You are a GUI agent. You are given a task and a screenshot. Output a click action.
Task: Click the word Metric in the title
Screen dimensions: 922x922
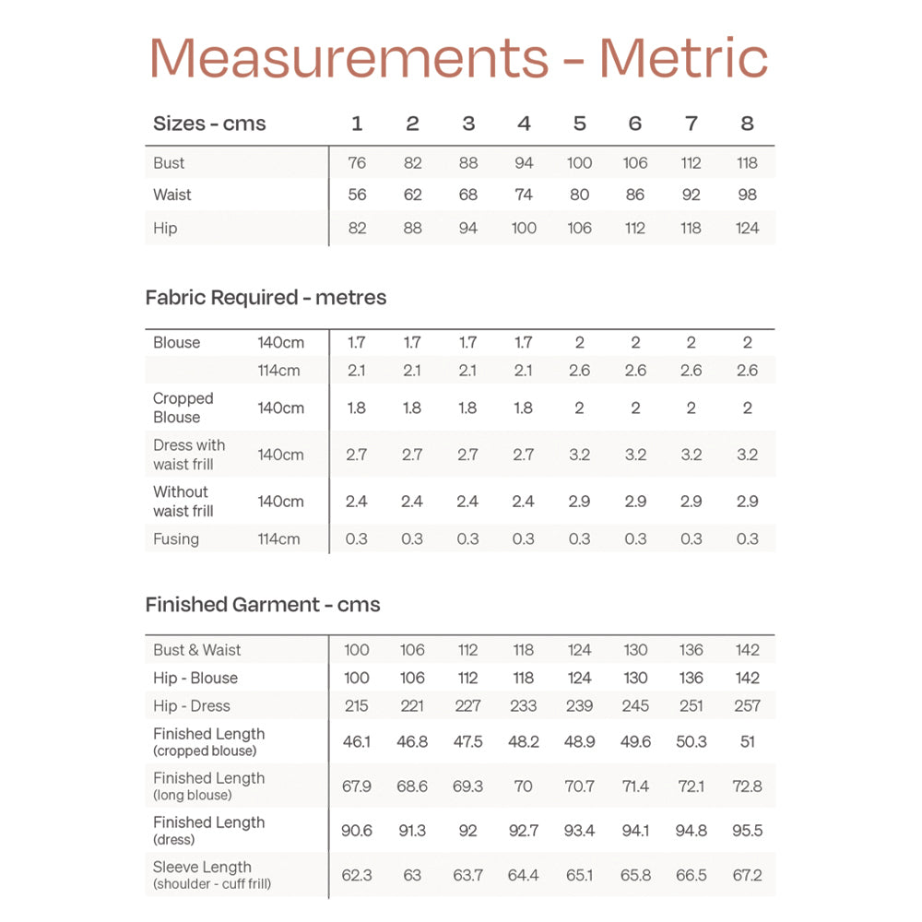tap(683, 57)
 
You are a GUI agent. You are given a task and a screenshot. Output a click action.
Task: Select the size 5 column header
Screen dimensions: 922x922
tap(579, 124)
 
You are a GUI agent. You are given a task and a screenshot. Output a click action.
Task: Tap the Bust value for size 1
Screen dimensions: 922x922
tap(357, 163)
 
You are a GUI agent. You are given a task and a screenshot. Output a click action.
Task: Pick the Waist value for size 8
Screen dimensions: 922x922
tap(747, 195)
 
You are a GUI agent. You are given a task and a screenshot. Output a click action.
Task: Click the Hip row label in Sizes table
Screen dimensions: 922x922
tap(165, 228)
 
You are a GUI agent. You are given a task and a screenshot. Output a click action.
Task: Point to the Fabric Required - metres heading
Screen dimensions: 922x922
tap(266, 298)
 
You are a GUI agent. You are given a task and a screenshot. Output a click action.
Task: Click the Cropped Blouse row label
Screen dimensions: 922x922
tap(183, 408)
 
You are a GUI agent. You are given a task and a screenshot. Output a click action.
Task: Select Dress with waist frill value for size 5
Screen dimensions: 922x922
tap(579, 455)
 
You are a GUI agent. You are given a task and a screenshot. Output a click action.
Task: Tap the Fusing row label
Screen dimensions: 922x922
tap(176, 538)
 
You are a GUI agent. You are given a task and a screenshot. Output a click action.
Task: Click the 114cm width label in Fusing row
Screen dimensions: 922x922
tap(278, 538)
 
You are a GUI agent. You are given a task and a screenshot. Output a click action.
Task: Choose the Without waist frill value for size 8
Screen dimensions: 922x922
tap(747, 502)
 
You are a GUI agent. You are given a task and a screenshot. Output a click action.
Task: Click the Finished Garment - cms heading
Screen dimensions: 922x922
tap(263, 605)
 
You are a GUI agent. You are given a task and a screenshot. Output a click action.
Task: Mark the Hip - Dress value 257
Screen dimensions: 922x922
tap(747, 706)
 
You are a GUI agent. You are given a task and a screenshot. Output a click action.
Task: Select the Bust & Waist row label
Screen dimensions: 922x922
tap(196, 650)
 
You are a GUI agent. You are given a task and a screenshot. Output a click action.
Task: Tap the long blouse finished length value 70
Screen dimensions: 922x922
tap(524, 786)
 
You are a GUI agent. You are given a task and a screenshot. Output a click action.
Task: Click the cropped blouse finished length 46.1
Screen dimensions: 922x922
tap(357, 741)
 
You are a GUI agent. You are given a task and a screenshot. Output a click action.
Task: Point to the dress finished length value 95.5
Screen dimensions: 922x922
tap(747, 831)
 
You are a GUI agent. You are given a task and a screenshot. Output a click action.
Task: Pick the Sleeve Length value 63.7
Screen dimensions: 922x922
tap(467, 875)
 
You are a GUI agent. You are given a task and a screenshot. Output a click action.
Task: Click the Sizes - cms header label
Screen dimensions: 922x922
tap(209, 124)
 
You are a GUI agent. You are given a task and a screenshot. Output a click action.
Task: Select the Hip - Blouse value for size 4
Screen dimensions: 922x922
tap(524, 678)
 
